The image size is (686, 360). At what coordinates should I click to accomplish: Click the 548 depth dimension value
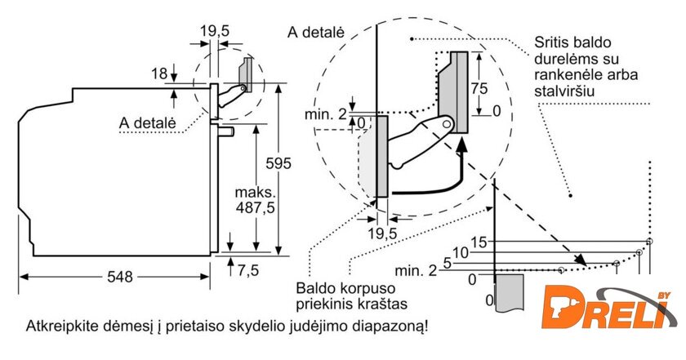point(119,278)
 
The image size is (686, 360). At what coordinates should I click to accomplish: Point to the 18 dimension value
point(158,74)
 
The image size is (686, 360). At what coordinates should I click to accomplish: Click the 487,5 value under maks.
point(256,209)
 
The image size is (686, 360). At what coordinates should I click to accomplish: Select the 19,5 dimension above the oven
point(214,31)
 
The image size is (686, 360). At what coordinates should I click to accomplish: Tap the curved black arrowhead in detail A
point(462,146)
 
